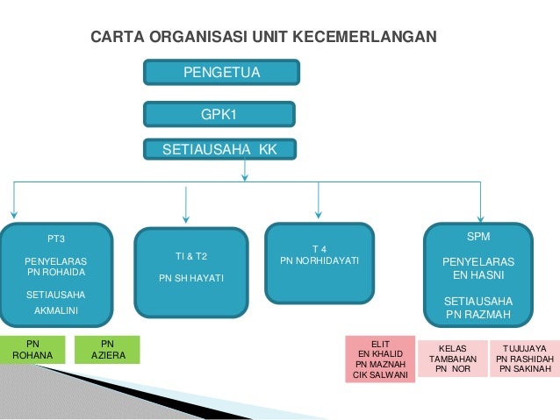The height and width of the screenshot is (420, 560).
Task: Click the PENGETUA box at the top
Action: (x=221, y=73)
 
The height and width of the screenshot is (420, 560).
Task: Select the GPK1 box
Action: (x=219, y=114)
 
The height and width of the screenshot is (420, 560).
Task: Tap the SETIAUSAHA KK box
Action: (x=219, y=150)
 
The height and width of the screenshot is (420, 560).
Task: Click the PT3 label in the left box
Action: (x=56, y=238)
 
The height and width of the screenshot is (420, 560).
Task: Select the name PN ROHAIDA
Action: (x=56, y=271)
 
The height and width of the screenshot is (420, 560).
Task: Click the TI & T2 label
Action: (x=191, y=256)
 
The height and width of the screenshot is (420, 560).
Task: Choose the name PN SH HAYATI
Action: (x=191, y=278)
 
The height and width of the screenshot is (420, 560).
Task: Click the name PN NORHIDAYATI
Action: (x=319, y=260)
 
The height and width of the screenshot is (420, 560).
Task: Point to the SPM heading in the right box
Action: (x=478, y=238)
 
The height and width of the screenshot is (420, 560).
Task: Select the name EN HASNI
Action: (x=478, y=274)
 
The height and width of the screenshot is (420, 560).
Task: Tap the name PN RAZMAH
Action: (x=478, y=313)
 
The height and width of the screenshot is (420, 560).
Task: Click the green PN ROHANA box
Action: (x=32, y=349)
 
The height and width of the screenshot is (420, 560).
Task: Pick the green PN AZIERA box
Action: (x=108, y=349)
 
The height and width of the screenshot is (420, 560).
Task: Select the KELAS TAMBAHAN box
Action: (x=453, y=359)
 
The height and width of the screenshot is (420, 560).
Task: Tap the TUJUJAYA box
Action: (x=525, y=359)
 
